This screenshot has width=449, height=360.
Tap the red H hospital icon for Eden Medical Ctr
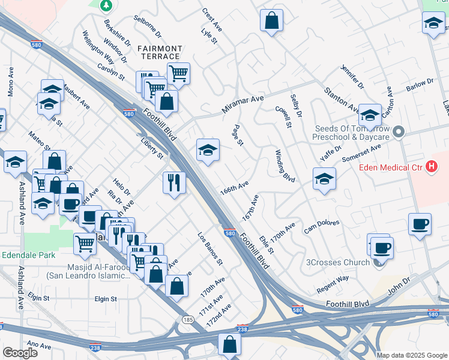pyautogui.click(x=430, y=167)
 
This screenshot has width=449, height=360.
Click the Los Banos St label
pyautogui.click(x=211, y=249)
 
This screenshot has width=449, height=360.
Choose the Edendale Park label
pyautogui.click(x=28, y=254)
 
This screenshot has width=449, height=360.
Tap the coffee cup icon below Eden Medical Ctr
pyautogui.click(x=420, y=224)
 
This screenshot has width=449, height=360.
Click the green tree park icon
pyautogui.click(x=106, y=5)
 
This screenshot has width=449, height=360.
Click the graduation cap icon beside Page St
pyautogui.click(x=208, y=150)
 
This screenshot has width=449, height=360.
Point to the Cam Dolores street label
pyautogui.click(x=321, y=227)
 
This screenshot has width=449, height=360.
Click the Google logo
pyautogui.click(x=20, y=353)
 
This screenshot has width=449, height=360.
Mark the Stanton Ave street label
pyautogui.click(x=342, y=99)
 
